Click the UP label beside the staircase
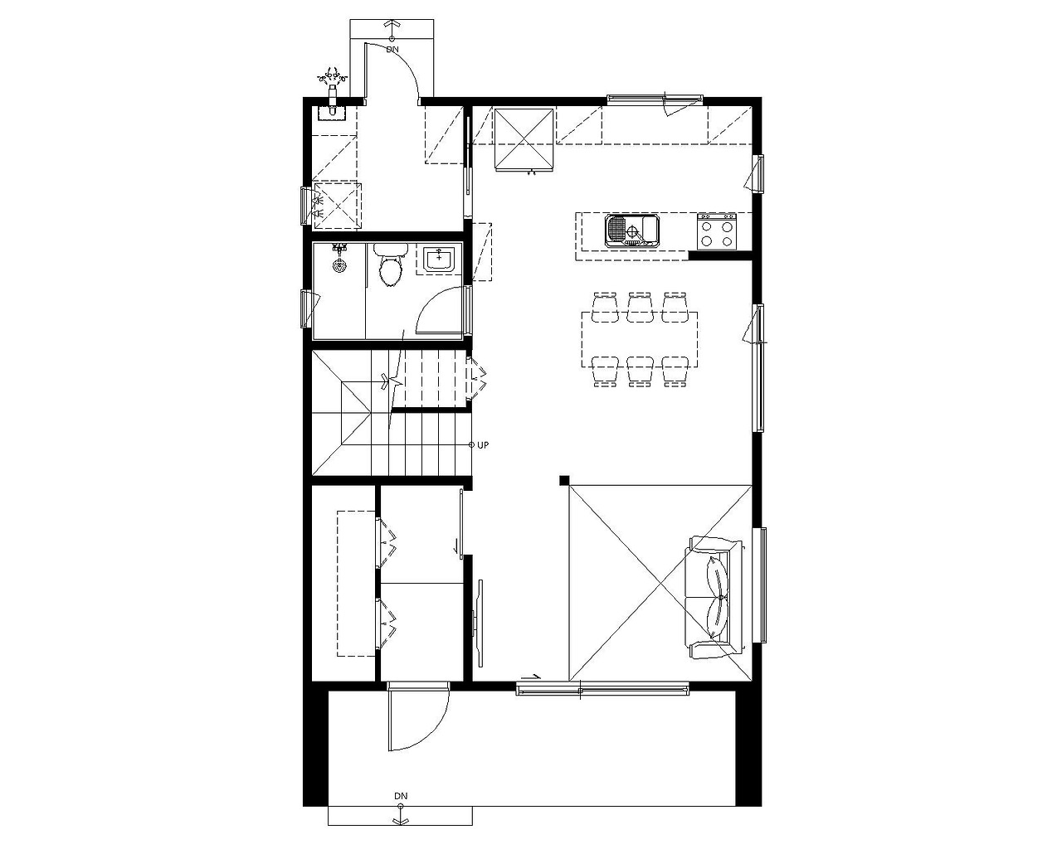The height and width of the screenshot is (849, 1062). point(483,445)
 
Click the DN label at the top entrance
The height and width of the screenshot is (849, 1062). point(392,50)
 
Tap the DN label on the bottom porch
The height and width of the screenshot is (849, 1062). point(401,796)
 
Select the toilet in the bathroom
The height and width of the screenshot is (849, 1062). point(390,264)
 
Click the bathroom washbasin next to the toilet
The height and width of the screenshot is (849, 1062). point(439,260)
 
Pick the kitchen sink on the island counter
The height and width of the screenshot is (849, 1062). point(632,230)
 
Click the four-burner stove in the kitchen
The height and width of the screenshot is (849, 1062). point(717,230)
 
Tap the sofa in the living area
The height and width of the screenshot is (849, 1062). point(715,598)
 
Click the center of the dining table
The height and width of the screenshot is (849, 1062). point(640,339)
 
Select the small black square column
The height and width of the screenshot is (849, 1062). point(564,480)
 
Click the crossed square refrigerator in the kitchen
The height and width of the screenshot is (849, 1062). point(524,139)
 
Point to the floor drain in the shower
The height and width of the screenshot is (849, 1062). point(338,267)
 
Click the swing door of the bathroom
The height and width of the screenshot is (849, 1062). point(441,311)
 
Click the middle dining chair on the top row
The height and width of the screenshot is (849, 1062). point(641,308)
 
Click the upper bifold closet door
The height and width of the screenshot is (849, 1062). point(387,543)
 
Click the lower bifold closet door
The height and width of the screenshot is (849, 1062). point(387,623)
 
